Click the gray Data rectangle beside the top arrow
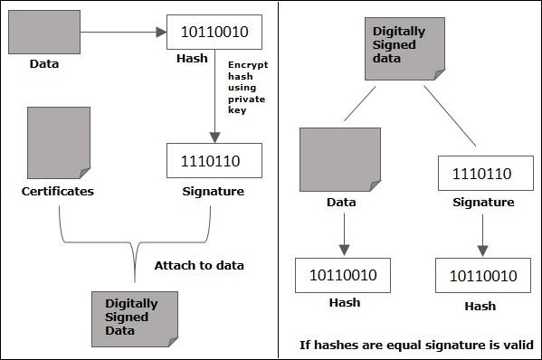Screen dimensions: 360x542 (43, 32)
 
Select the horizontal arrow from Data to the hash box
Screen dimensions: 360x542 (123, 32)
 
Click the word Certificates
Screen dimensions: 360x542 (58, 192)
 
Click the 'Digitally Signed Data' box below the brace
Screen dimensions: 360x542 (130, 317)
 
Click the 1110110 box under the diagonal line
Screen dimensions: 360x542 (481, 174)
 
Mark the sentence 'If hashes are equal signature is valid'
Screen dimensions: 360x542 (416, 345)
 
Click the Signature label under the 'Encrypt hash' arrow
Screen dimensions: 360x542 (214, 192)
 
